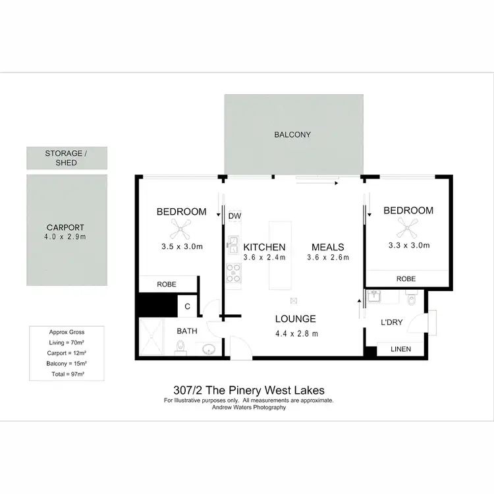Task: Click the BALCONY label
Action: [x=292, y=135]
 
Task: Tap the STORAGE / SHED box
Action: [x=67, y=158]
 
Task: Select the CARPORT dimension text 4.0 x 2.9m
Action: [x=66, y=235]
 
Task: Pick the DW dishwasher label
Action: [x=234, y=215]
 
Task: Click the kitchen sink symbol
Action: [x=233, y=244]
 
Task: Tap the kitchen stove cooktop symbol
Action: [x=233, y=271]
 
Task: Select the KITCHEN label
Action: [x=264, y=247]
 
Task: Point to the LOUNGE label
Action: [x=295, y=319]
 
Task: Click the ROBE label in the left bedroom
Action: [x=166, y=285]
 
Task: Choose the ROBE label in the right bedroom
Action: [x=406, y=279]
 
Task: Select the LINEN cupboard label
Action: [x=401, y=349]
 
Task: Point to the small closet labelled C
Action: [x=187, y=306]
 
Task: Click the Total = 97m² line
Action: [x=67, y=373]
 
